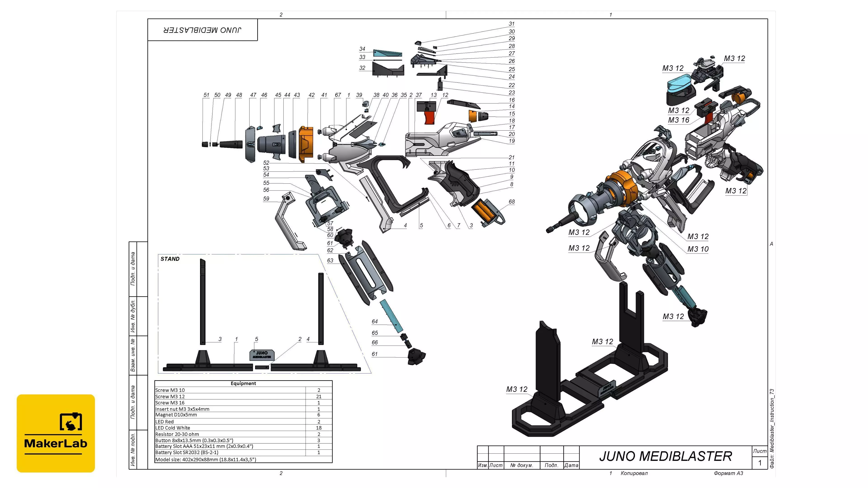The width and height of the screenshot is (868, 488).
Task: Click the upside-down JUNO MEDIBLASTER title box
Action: tap(203, 30)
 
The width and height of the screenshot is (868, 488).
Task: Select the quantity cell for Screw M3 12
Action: tap(318, 396)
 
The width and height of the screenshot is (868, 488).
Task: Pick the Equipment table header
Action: tap(243, 383)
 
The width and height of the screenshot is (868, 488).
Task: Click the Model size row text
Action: tap(205, 459)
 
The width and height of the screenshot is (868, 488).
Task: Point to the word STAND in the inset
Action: tap(170, 259)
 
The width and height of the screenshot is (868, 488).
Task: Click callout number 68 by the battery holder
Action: tap(512, 201)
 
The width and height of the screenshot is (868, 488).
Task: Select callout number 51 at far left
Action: tap(206, 95)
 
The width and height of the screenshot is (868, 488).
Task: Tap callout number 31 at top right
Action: tap(512, 23)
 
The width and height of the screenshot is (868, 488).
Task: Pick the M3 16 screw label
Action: tap(678, 120)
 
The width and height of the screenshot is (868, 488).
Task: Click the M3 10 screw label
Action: tap(698, 249)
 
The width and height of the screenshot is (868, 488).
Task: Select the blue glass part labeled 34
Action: tap(387, 53)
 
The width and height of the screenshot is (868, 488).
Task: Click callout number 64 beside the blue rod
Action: tap(375, 321)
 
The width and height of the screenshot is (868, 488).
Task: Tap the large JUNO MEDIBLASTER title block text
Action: tap(665, 456)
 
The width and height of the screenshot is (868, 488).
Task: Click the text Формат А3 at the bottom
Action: tap(728, 473)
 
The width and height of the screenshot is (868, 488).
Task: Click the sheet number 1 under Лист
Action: tap(759, 463)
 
